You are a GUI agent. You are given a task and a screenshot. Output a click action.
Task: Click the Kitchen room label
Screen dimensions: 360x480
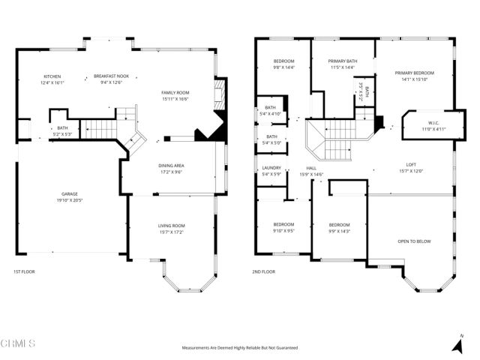pyautogui.click(x=52, y=76)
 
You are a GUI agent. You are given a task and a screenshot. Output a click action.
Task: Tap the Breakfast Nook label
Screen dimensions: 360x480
pyautogui.click(x=111, y=76)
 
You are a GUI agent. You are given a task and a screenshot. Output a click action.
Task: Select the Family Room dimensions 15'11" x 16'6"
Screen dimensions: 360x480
pyautogui.click(x=175, y=98)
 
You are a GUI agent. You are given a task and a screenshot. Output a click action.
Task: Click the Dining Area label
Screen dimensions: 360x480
pyautogui.click(x=171, y=166)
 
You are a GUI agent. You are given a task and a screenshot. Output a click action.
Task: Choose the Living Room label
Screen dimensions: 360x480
pyautogui.click(x=172, y=226)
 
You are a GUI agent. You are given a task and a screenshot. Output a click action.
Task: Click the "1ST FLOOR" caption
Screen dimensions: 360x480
pyautogui.click(x=25, y=271)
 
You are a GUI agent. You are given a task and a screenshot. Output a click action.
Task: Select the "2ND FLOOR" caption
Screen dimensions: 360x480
pyautogui.click(x=264, y=271)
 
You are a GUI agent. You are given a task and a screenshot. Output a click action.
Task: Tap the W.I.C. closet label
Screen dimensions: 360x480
pyautogui.click(x=433, y=124)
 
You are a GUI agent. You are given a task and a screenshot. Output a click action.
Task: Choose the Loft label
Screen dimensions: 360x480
pyautogui.click(x=411, y=165)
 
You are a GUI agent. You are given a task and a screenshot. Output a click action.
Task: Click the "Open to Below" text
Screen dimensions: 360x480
pyautogui.click(x=413, y=241)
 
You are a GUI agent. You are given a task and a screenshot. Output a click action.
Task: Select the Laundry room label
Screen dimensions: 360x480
pyautogui.click(x=271, y=168)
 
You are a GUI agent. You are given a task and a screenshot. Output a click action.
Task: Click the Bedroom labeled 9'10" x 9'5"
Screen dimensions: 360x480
pyautogui.click(x=283, y=225)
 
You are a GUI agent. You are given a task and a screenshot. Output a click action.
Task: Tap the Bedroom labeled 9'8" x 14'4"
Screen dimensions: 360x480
pyautogui.click(x=283, y=61)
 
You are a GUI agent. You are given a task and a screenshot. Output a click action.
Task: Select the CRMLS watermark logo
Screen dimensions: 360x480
pyautogui.click(x=19, y=343)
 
